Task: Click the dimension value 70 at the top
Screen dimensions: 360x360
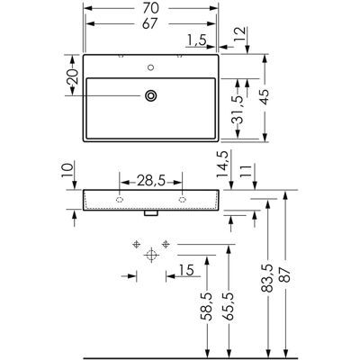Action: pos(150,8)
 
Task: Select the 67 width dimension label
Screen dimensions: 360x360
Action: pos(150,24)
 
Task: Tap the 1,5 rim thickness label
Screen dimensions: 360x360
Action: pos(197,40)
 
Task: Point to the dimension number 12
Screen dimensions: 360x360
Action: pos(240,35)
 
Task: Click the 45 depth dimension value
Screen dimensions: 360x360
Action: pos(265,97)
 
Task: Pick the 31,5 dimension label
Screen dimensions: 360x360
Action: pos(237,110)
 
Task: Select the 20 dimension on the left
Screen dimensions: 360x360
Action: pos(72,76)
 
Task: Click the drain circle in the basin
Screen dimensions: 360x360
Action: pos(151,96)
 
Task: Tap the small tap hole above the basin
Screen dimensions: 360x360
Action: pos(151,67)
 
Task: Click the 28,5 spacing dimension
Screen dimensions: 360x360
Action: pos(151,181)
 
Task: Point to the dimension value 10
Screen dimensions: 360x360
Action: pos(67,170)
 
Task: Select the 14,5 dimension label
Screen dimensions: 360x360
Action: pos(223,165)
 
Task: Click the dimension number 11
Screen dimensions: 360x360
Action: pos(247,171)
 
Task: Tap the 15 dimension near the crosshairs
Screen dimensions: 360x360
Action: pos(186,270)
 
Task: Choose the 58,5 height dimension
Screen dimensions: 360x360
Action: pos(206,306)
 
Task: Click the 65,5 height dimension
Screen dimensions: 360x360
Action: pos(229,306)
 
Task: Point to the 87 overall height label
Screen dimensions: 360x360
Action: pos(285,274)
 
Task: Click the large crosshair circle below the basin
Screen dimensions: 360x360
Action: pos(151,255)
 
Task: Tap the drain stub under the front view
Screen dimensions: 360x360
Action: pos(151,213)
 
